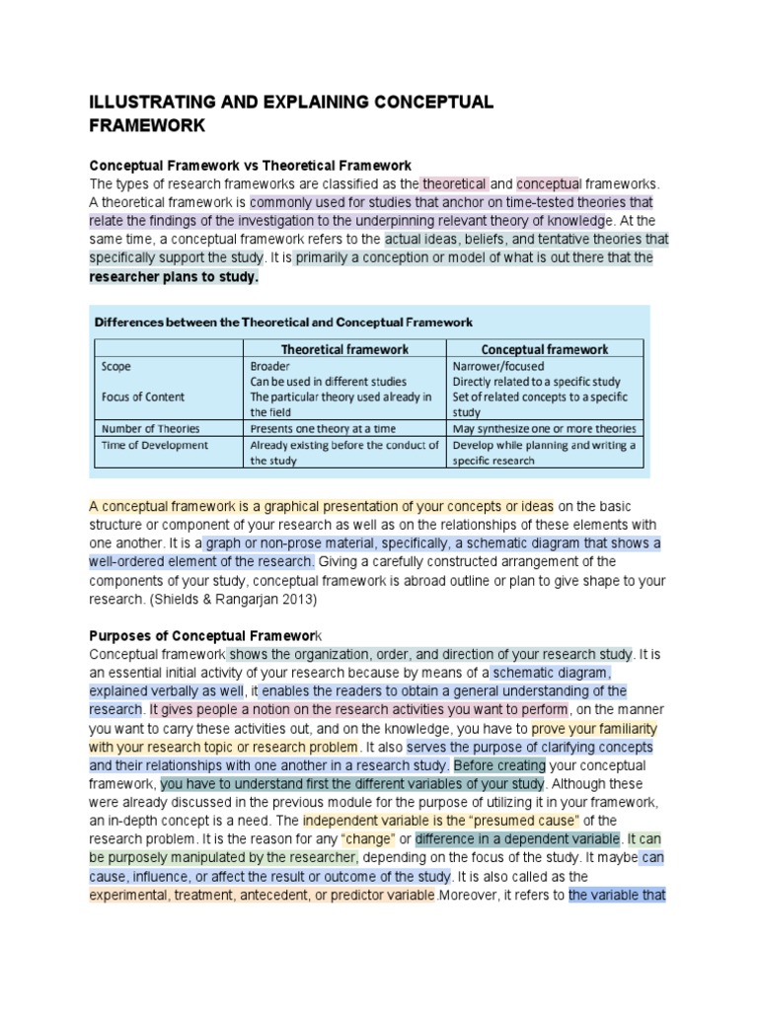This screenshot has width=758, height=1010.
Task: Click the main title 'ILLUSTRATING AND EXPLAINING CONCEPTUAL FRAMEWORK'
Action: [x=291, y=113]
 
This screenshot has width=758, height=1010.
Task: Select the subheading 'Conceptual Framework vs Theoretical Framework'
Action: [x=251, y=165]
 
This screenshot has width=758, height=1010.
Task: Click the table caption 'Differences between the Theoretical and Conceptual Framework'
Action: [x=283, y=322]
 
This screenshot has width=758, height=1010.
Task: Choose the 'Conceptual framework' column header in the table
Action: [x=544, y=348]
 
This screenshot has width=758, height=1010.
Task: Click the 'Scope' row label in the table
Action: [x=116, y=364]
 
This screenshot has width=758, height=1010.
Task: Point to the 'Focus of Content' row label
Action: [x=143, y=397]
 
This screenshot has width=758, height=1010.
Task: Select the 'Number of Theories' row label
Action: [x=150, y=428]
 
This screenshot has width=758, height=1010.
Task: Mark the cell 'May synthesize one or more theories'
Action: [x=544, y=428]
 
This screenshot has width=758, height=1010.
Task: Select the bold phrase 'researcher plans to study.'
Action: [x=174, y=277]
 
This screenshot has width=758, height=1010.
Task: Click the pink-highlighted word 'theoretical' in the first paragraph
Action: [x=454, y=183]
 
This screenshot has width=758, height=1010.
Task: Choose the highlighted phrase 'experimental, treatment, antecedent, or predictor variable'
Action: [x=263, y=896]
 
